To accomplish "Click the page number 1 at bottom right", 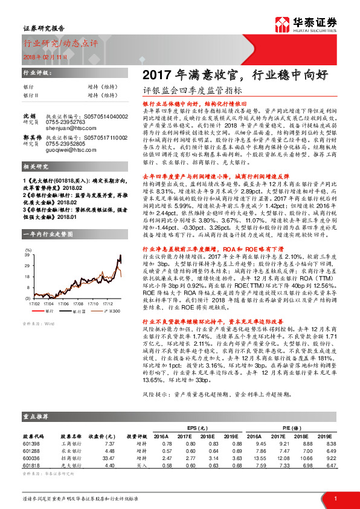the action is (x=335, y=498).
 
